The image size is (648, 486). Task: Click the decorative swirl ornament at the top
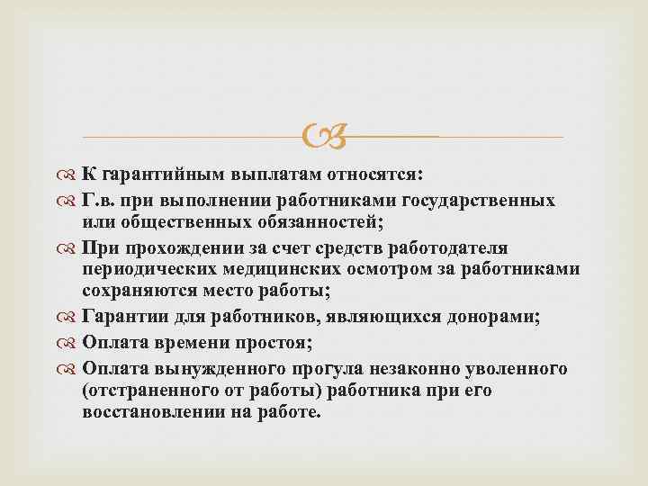point(324,137)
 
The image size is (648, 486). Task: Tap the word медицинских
point(304,269)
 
